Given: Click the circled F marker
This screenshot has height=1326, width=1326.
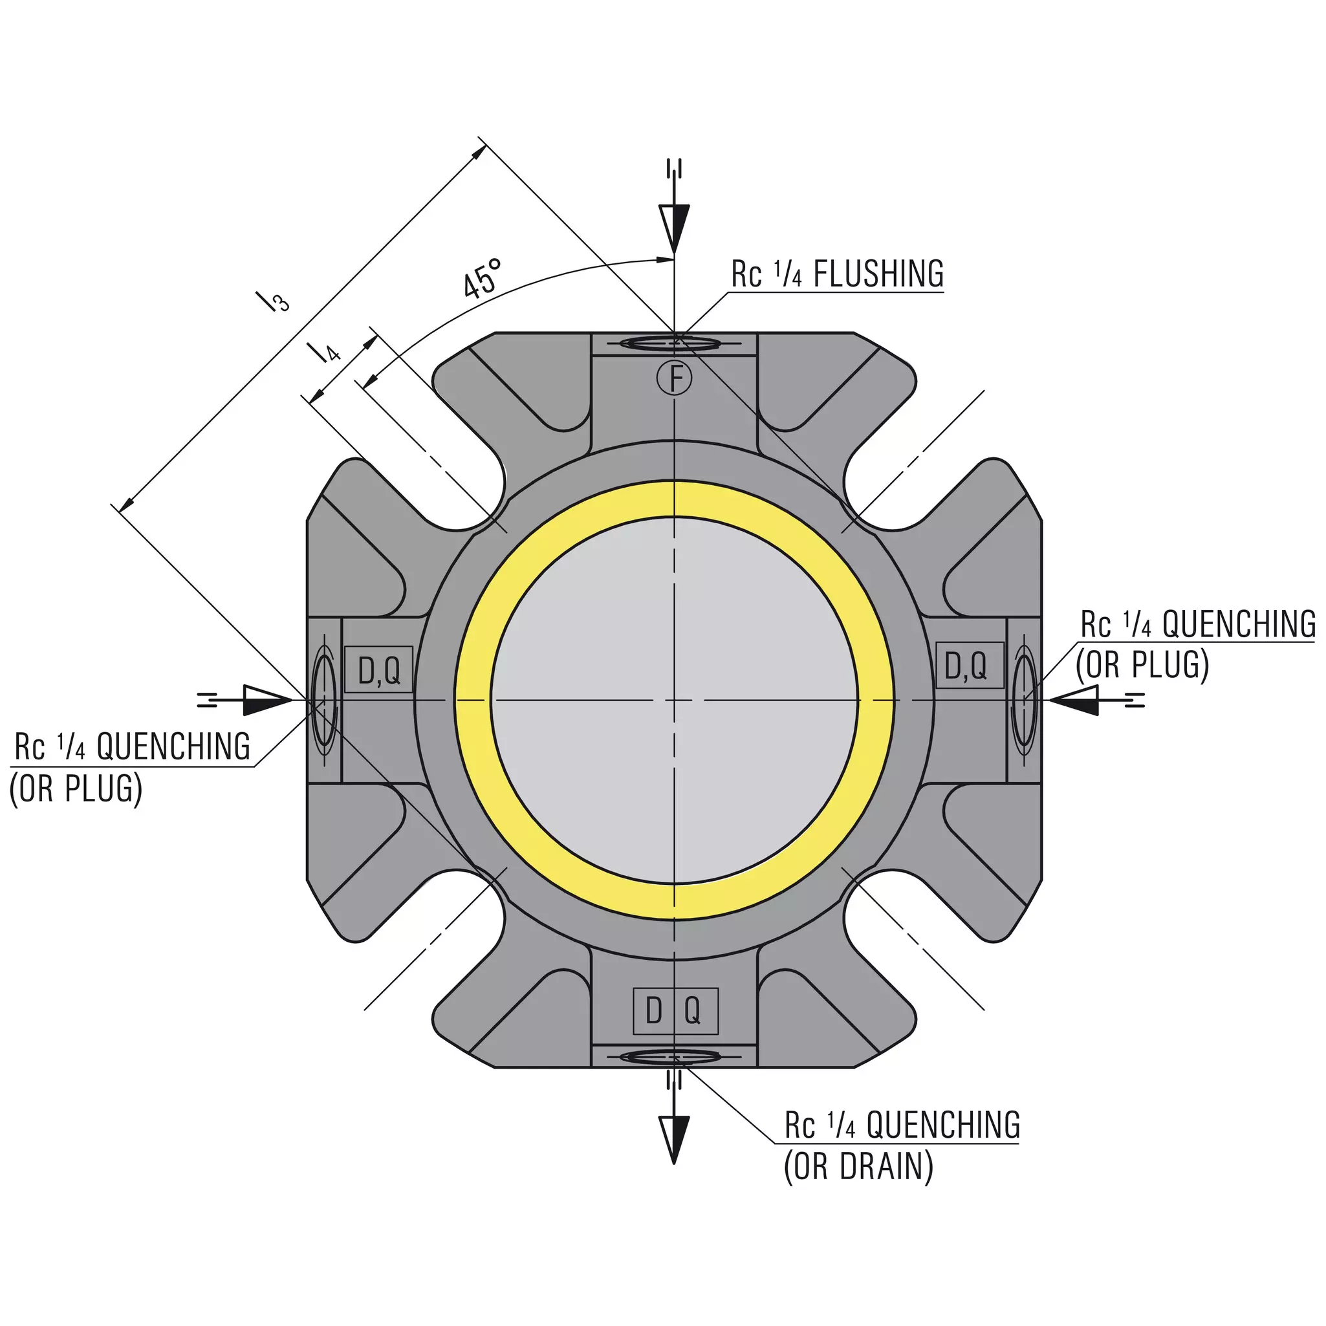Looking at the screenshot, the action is [x=674, y=378].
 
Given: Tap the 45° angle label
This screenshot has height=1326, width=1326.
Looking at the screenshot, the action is [x=482, y=279].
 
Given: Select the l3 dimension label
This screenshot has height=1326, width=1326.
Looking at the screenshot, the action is [x=272, y=301].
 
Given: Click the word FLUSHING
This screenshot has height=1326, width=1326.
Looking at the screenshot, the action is [x=878, y=274].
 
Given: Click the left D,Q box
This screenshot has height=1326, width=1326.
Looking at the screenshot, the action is [x=378, y=669].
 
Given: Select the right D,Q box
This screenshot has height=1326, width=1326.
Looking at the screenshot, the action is [x=970, y=664].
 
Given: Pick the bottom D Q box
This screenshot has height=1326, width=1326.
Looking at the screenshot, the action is [x=675, y=1011].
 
